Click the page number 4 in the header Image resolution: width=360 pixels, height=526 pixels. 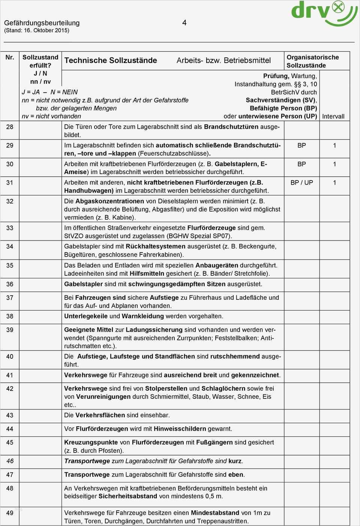(x=184, y=23)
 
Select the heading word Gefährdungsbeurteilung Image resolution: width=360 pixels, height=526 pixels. (x=42, y=23)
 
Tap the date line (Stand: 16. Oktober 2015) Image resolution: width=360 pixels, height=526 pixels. (x=37, y=30)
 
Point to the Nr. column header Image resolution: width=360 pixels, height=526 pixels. (x=10, y=57)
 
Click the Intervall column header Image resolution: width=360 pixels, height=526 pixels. (x=333, y=116)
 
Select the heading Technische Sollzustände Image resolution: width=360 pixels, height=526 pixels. (x=111, y=60)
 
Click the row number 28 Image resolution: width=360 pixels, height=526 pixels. (x=10, y=127)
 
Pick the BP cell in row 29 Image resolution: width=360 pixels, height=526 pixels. (x=301, y=146)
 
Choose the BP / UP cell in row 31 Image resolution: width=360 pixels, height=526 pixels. (x=301, y=183)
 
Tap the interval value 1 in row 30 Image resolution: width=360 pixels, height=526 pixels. (x=334, y=164)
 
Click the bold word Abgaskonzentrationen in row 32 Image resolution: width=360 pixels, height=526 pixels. (x=109, y=201)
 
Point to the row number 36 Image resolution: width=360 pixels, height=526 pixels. (x=10, y=284)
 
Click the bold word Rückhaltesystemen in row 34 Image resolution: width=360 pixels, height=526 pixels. (x=156, y=246)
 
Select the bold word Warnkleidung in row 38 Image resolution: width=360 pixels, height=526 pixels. (x=143, y=316)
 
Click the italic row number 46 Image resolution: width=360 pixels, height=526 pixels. (x=10, y=461)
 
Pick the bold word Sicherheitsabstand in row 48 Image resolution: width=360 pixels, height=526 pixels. (x=128, y=496)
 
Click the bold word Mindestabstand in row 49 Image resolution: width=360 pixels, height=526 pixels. (x=215, y=513)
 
